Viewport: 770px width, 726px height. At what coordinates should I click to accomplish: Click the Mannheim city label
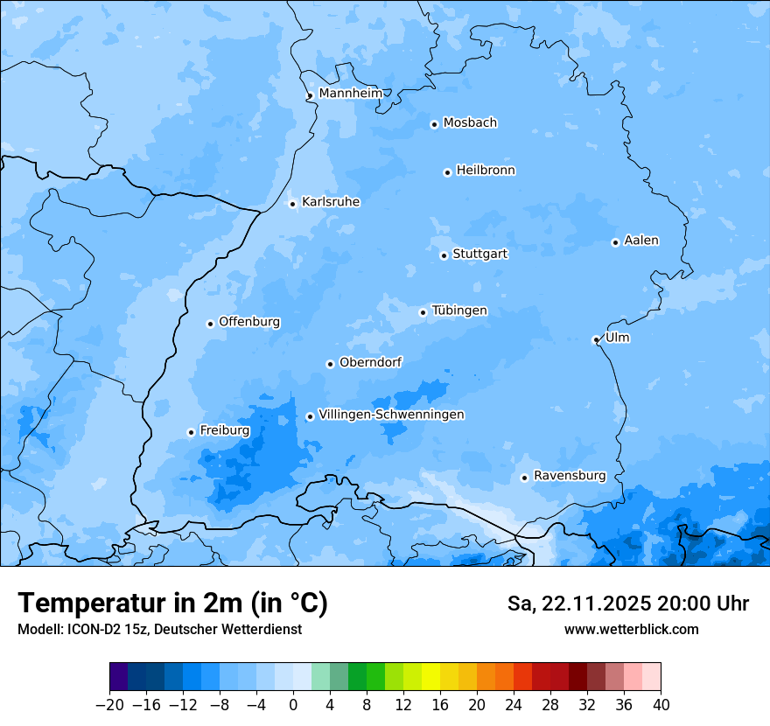pyautogui.click(x=350, y=94)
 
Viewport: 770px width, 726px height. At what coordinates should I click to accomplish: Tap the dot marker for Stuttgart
pyautogui.click(x=444, y=255)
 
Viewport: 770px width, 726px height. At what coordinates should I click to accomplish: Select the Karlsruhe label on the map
pyautogui.click(x=331, y=202)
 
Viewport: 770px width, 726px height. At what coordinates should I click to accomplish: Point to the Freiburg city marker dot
pyautogui.click(x=191, y=432)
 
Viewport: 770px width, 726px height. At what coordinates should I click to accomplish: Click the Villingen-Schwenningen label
pyautogui.click(x=391, y=415)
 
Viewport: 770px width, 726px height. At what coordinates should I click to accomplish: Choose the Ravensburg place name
pyautogui.click(x=570, y=476)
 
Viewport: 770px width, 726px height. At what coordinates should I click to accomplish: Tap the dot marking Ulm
pyautogui.click(x=596, y=339)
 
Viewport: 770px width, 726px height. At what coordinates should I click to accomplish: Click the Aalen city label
pyautogui.click(x=641, y=241)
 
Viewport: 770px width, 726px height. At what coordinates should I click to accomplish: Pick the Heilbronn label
pyautogui.click(x=486, y=171)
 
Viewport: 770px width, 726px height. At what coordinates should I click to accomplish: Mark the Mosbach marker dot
pyautogui.click(x=434, y=124)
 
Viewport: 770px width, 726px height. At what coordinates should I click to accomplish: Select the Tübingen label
pyautogui.click(x=459, y=311)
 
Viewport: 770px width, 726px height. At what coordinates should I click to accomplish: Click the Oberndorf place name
pyautogui.click(x=370, y=362)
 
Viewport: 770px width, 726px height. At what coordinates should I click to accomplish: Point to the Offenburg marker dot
pyautogui.click(x=210, y=324)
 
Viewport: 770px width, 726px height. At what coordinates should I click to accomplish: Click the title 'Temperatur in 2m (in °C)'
pyautogui.click(x=172, y=604)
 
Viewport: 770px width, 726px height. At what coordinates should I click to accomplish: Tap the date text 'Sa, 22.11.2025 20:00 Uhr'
pyautogui.click(x=627, y=604)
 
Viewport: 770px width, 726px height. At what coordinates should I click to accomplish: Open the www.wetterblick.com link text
pyautogui.click(x=631, y=629)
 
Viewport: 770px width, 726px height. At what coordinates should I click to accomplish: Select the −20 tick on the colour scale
pyautogui.click(x=110, y=705)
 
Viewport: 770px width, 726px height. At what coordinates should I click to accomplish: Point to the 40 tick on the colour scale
pyautogui.click(x=661, y=705)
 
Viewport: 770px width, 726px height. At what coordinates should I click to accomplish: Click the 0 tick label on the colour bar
pyautogui.click(x=293, y=705)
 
